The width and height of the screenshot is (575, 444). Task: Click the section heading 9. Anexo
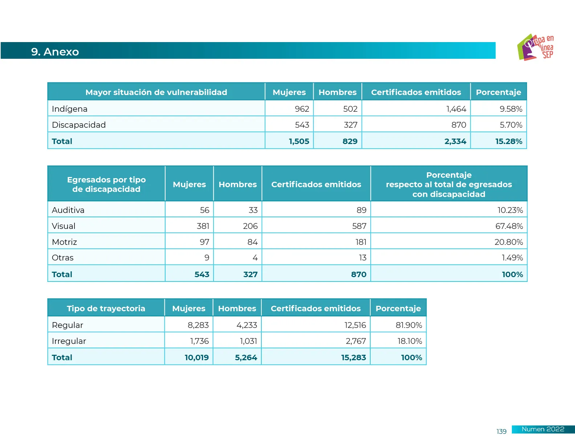coord(55,52)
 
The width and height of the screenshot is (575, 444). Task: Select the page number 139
coord(501,431)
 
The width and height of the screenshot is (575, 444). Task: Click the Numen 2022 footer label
coord(543,429)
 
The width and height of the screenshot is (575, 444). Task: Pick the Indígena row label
coord(70,109)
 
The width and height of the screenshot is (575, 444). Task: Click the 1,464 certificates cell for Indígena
coord(456,109)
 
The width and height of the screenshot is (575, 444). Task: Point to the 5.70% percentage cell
coord(511,125)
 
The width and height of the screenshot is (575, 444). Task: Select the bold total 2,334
coord(455,141)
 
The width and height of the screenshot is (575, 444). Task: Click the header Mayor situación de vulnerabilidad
coord(156,92)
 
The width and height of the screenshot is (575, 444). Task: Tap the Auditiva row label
coord(68,210)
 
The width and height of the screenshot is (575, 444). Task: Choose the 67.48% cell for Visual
coord(509,226)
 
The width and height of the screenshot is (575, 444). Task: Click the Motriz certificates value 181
coord(361,242)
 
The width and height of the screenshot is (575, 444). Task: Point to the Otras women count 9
coord(207,258)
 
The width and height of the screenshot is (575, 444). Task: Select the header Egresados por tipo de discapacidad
coord(106,184)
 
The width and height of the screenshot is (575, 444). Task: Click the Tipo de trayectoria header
coord(106,308)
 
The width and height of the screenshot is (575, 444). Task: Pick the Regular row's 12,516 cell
coord(355,325)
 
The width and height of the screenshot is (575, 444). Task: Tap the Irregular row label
coord(69,341)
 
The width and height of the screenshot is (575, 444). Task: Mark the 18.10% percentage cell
coord(409,341)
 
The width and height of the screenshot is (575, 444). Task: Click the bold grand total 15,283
coord(353,357)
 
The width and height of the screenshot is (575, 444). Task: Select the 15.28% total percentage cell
coord(509,141)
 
